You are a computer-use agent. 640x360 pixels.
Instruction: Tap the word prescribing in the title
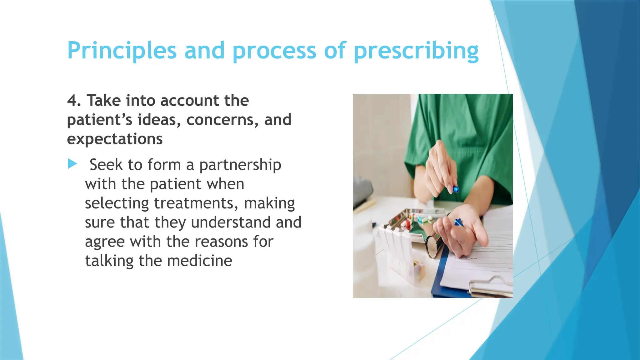pyautogui.click(x=416, y=51)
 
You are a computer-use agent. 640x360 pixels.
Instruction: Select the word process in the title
pyautogui.click(x=274, y=51)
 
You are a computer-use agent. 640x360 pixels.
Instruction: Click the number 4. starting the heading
pyautogui.click(x=74, y=101)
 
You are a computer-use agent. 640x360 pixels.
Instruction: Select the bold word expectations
pyautogui.click(x=115, y=139)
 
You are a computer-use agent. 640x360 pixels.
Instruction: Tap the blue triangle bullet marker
pyautogui.click(x=72, y=164)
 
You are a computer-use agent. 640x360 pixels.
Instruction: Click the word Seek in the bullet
pyautogui.click(x=106, y=165)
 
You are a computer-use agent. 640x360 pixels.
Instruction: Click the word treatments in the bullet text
pyautogui.click(x=194, y=203)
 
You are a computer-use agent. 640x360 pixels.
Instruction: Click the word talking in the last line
pyautogui.click(x=109, y=261)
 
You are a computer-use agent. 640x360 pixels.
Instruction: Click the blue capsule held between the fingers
pyautogui.click(x=456, y=189)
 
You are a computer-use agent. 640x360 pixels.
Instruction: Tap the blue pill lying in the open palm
pyautogui.click(x=458, y=222)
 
